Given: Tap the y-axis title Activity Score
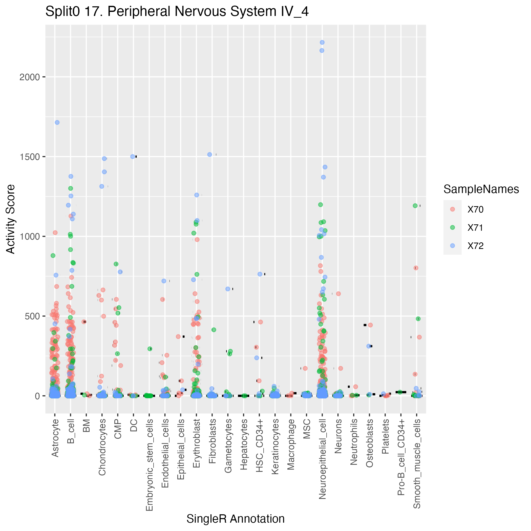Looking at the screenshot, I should coord(11,219).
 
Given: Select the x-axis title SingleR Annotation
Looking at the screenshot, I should coord(236,519).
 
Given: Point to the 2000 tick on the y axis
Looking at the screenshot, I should coord(30,77).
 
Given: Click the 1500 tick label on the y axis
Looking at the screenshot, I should coord(30,157).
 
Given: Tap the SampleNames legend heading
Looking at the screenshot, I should coord(481,189).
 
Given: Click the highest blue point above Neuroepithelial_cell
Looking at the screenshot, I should coord(322,42).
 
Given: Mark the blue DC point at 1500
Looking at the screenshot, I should coord(133,157).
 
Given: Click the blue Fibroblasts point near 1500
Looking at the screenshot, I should coord(210,155).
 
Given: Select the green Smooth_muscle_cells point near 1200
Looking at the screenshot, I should coord(415,206).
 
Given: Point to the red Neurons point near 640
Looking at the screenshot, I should coord(338,294).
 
